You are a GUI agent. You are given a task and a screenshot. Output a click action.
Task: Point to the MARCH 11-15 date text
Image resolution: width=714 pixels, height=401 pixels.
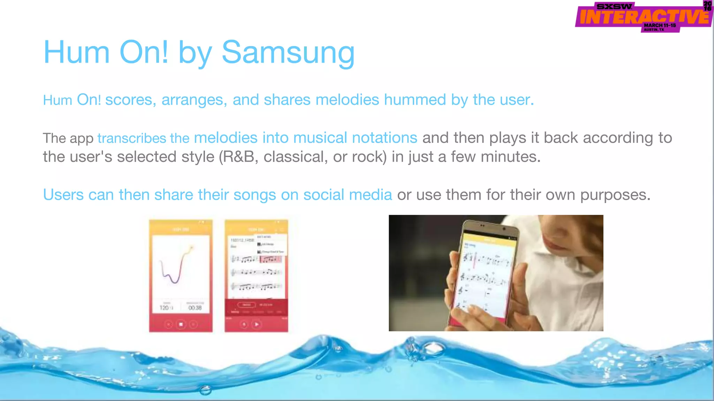pos(660,25)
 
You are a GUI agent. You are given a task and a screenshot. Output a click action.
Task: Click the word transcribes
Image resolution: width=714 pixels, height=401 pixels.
pos(131,139)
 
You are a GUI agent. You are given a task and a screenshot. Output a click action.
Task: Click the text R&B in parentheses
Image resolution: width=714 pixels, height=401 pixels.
pos(239,157)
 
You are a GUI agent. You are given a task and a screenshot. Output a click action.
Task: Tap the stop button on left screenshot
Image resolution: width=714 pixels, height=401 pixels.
pos(181,324)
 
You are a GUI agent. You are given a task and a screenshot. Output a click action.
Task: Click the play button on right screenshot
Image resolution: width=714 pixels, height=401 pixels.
pos(257,324)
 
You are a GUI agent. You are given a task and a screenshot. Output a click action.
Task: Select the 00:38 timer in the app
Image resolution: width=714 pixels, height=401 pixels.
pos(195,308)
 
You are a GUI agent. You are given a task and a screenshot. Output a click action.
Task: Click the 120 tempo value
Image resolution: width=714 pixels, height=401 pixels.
pos(164,308)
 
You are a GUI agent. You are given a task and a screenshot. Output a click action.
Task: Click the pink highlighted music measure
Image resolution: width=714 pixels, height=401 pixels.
pos(271,259)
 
